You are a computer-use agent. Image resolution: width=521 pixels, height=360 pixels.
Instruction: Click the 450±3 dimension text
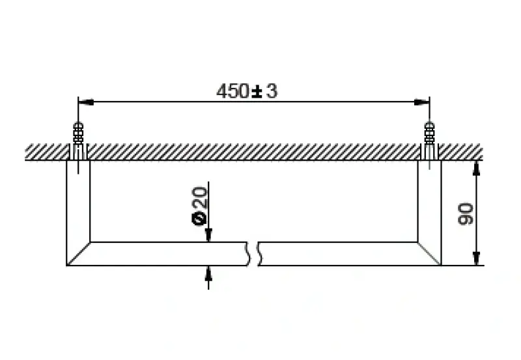(247, 92)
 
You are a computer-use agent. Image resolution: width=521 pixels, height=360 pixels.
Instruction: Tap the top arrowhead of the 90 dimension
(477, 167)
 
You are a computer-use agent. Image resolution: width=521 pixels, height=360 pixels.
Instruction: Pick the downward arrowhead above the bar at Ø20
(208, 236)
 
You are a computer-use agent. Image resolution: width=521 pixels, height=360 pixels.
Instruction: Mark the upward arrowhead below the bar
(208, 272)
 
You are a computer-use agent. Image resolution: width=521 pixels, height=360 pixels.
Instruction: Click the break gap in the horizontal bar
(254, 254)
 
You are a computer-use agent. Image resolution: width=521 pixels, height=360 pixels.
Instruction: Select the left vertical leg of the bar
(78, 208)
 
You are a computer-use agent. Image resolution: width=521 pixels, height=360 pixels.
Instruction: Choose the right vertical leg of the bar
(430, 208)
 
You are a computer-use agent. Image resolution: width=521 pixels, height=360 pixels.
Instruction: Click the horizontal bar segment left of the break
(163, 254)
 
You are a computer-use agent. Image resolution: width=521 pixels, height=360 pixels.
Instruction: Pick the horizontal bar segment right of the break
(339, 254)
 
